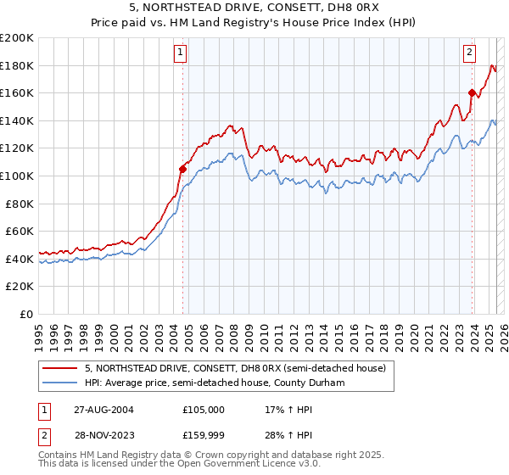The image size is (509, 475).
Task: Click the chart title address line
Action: [x=255, y=9]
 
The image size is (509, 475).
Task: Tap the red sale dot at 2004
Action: [x=182, y=169]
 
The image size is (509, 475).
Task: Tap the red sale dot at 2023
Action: [x=472, y=92]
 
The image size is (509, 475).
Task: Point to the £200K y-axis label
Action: [x=17, y=38]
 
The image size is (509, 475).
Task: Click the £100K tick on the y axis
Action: [x=17, y=176]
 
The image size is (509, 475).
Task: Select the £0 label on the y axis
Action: [x=27, y=314]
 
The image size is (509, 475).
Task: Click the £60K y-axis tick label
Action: [x=20, y=231]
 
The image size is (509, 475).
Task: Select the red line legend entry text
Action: [x=235, y=368]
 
